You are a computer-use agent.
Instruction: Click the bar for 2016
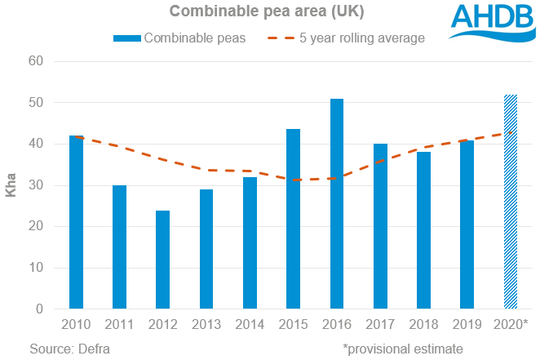point(337,204)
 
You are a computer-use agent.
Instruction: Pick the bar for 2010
point(76,222)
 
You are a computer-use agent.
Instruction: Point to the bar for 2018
point(424,230)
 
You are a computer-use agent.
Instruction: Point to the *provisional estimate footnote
point(403,349)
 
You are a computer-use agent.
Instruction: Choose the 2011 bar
point(120,247)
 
